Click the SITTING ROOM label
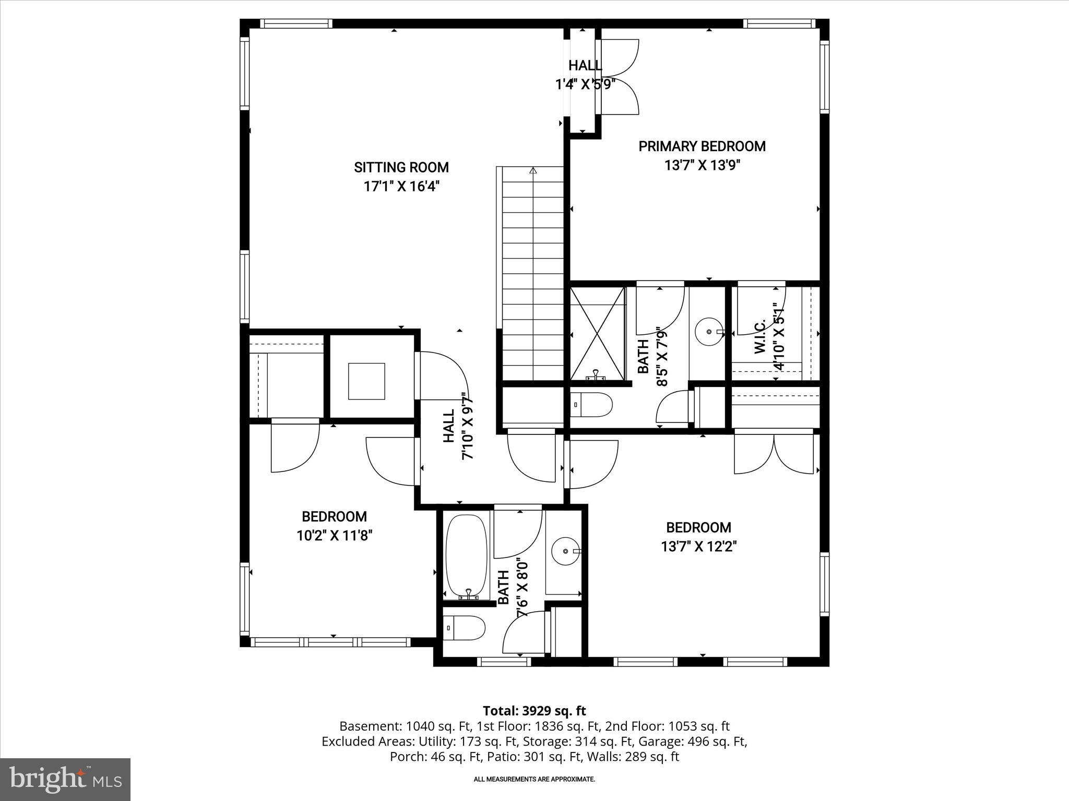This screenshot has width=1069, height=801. click(x=401, y=167)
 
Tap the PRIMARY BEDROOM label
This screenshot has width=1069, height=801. click(x=702, y=147)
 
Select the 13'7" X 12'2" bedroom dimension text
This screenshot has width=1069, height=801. click(x=698, y=547)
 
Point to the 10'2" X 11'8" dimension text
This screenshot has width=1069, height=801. click(x=334, y=536)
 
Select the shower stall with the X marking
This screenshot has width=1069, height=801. click(x=597, y=333)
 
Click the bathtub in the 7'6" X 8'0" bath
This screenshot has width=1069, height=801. click(x=467, y=556)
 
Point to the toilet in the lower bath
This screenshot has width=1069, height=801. click(x=464, y=629)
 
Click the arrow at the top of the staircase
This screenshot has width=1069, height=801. click(x=533, y=171)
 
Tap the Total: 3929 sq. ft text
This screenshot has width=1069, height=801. click(x=534, y=711)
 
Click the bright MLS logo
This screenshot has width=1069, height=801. click(x=65, y=780)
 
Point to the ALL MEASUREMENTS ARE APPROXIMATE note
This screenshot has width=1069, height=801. click(x=534, y=780)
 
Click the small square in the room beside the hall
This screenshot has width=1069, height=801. click(x=366, y=381)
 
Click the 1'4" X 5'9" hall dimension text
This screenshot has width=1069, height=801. click(x=585, y=84)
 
